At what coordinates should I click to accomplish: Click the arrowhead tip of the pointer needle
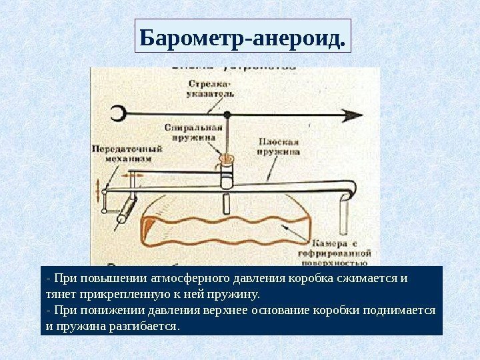(362, 115)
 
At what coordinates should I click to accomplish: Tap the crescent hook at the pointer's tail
(117, 114)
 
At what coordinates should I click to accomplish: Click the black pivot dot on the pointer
(227, 115)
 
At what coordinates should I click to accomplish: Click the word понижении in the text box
(103, 311)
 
